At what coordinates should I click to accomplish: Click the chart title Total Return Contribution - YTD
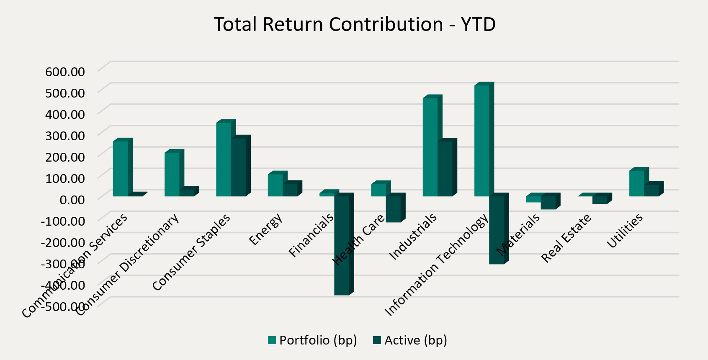[355, 24]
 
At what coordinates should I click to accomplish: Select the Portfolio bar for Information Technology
[481, 140]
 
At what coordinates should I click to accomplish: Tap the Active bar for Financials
[342, 245]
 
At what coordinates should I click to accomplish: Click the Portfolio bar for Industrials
[430, 147]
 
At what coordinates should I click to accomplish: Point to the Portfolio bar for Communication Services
[120, 168]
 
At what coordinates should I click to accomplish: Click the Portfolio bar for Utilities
[636, 183]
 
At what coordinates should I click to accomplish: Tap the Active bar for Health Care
[393, 208]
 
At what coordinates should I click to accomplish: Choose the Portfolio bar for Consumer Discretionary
[172, 174]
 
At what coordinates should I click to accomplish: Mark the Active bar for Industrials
[445, 168]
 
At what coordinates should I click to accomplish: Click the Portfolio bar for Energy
[275, 185]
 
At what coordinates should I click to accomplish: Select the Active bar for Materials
[548, 202]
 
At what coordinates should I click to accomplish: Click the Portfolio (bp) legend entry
[312, 340]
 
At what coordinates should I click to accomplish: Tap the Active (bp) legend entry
[410, 340]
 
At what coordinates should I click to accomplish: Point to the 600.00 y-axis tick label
[65, 71]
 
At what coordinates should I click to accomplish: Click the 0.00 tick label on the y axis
[72, 199]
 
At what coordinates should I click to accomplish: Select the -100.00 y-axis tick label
[63, 221]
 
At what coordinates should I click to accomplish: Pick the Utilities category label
[625, 231]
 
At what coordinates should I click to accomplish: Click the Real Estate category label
[566, 238]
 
